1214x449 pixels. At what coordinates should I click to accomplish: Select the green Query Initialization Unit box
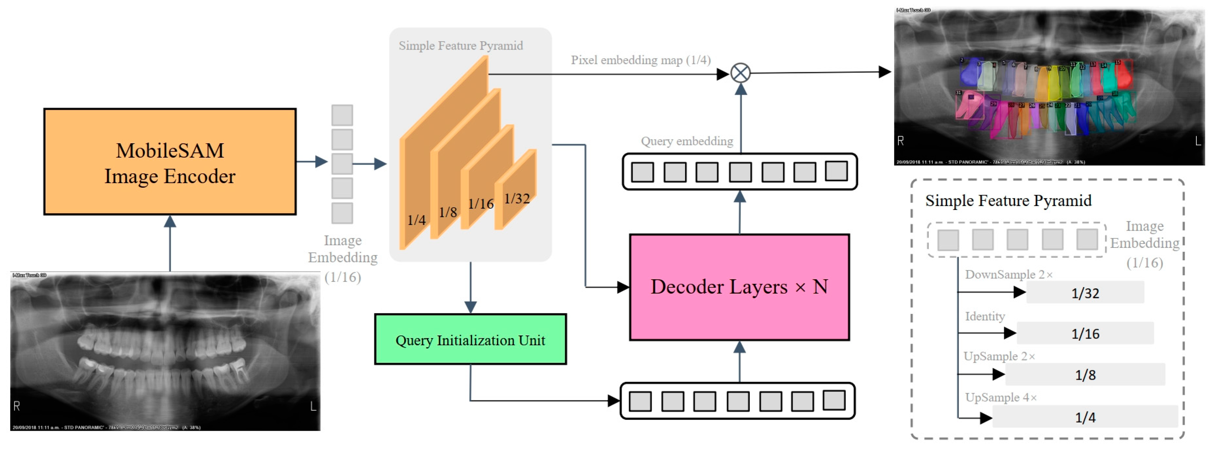(470, 339)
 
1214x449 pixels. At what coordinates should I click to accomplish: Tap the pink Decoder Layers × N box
(739, 287)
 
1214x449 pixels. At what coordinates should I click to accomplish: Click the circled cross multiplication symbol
(740, 73)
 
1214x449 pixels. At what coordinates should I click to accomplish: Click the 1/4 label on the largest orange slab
(416, 220)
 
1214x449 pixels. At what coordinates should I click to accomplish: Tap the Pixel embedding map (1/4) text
(640, 60)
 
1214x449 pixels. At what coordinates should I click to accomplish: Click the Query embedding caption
(687, 141)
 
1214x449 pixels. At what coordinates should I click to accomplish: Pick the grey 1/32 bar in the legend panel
(1085, 293)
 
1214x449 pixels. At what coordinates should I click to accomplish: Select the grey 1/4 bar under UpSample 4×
(1085, 417)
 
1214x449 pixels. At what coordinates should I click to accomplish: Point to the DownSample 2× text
(1009, 274)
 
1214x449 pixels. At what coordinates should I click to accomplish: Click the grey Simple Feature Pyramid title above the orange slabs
(461, 46)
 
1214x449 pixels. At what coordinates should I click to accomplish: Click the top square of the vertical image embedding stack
(342, 115)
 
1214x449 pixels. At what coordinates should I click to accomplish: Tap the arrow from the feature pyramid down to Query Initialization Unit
(470, 287)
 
